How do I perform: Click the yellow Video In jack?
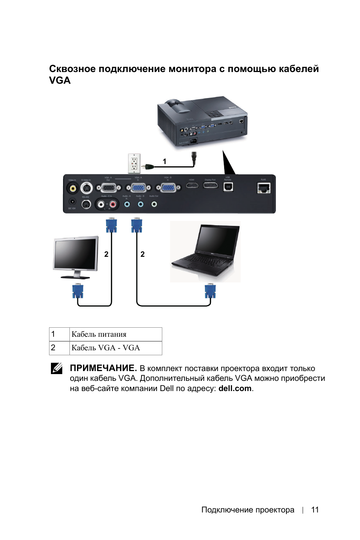click(x=72, y=188)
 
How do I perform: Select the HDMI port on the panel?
click(x=192, y=185)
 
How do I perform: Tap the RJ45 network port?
click(x=264, y=187)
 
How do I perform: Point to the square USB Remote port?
click(x=228, y=187)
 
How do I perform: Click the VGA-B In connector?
click(x=168, y=187)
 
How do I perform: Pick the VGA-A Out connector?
click(x=109, y=187)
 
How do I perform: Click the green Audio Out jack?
click(x=154, y=204)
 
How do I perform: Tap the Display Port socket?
click(x=211, y=185)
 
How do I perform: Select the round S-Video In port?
click(x=86, y=188)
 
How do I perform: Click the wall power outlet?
click(x=134, y=163)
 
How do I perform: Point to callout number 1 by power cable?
click(x=165, y=161)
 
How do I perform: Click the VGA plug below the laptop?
click(x=210, y=291)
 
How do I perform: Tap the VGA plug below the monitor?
click(x=78, y=291)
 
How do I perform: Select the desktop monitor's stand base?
click(x=75, y=277)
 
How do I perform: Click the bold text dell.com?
click(x=235, y=388)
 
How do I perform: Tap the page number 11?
click(x=315, y=510)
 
